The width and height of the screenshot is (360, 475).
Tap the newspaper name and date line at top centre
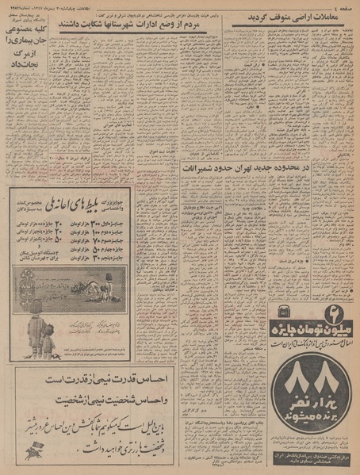tap(184, 6)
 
